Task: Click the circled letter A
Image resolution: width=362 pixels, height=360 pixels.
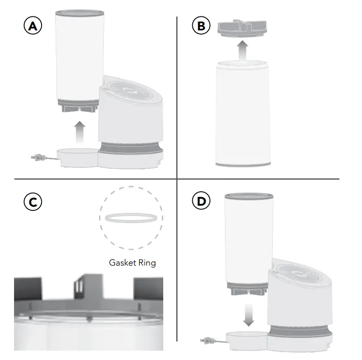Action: tap(32, 26)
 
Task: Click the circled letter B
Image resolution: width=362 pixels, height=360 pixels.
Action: tap(202, 26)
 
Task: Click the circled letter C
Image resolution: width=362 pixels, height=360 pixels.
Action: tap(32, 202)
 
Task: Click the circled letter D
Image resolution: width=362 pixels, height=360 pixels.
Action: tap(202, 202)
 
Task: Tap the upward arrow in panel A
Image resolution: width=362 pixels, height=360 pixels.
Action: tap(80, 131)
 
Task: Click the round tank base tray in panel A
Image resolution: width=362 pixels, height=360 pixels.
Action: tap(76, 156)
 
